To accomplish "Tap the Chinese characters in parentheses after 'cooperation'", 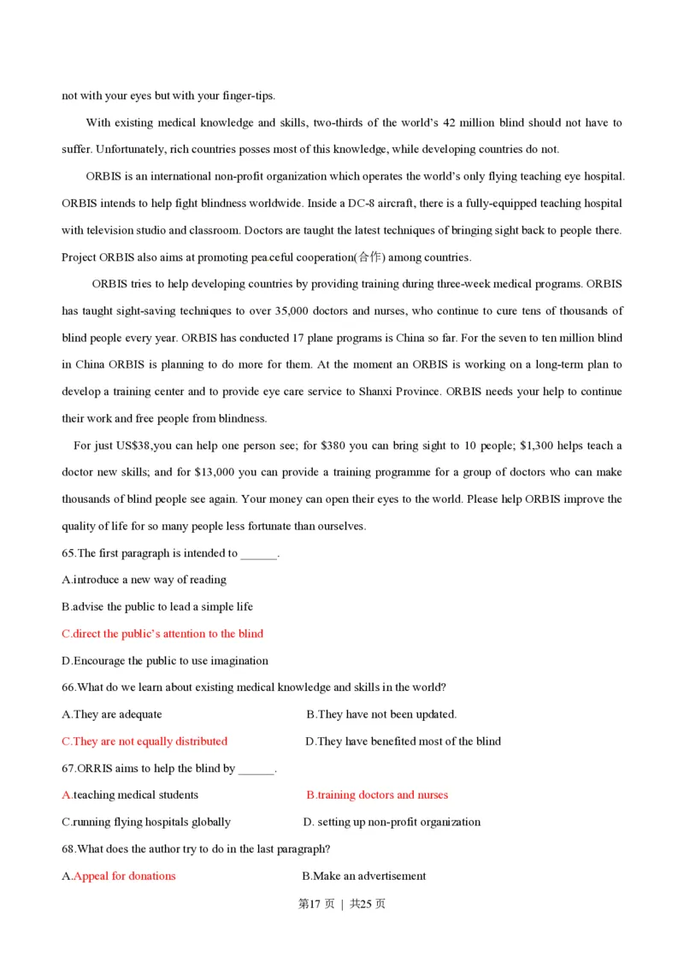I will click(x=370, y=257).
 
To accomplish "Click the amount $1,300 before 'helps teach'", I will click(x=539, y=446).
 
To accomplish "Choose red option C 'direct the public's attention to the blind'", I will click(x=162, y=634).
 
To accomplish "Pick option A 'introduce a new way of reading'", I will click(x=144, y=580).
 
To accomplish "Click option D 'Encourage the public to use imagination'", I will click(x=165, y=661).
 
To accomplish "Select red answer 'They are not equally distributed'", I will click(x=144, y=741).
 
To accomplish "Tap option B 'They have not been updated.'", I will click(x=381, y=714).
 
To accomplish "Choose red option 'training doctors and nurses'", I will click(x=377, y=795).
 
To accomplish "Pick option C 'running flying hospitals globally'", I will click(x=146, y=822).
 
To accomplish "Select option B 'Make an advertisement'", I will click(x=364, y=876).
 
